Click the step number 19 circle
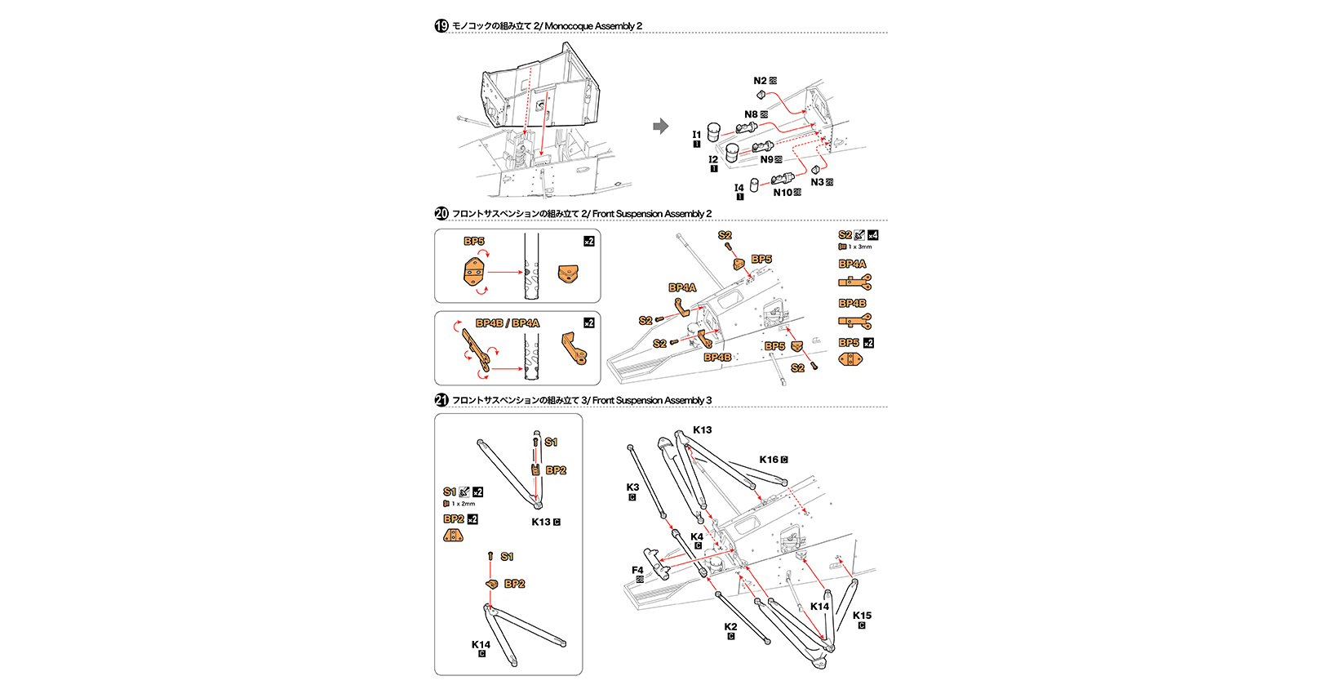click(441, 26)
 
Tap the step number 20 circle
click(441, 214)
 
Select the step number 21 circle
click(441, 400)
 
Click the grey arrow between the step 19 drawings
click(661, 126)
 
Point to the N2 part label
click(760, 81)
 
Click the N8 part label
click(751, 114)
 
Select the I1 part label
click(697, 135)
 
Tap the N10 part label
click(783, 193)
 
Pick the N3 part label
click(818, 182)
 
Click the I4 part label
click(739, 188)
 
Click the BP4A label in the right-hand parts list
click(852, 264)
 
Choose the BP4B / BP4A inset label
click(508, 323)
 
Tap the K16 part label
click(769, 460)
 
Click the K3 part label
click(632, 487)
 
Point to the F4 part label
click(637, 570)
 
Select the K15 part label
click(862, 616)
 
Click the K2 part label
click(730, 627)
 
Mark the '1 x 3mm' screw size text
click(860, 247)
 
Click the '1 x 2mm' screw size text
click(464, 504)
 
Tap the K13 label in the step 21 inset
click(541, 522)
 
